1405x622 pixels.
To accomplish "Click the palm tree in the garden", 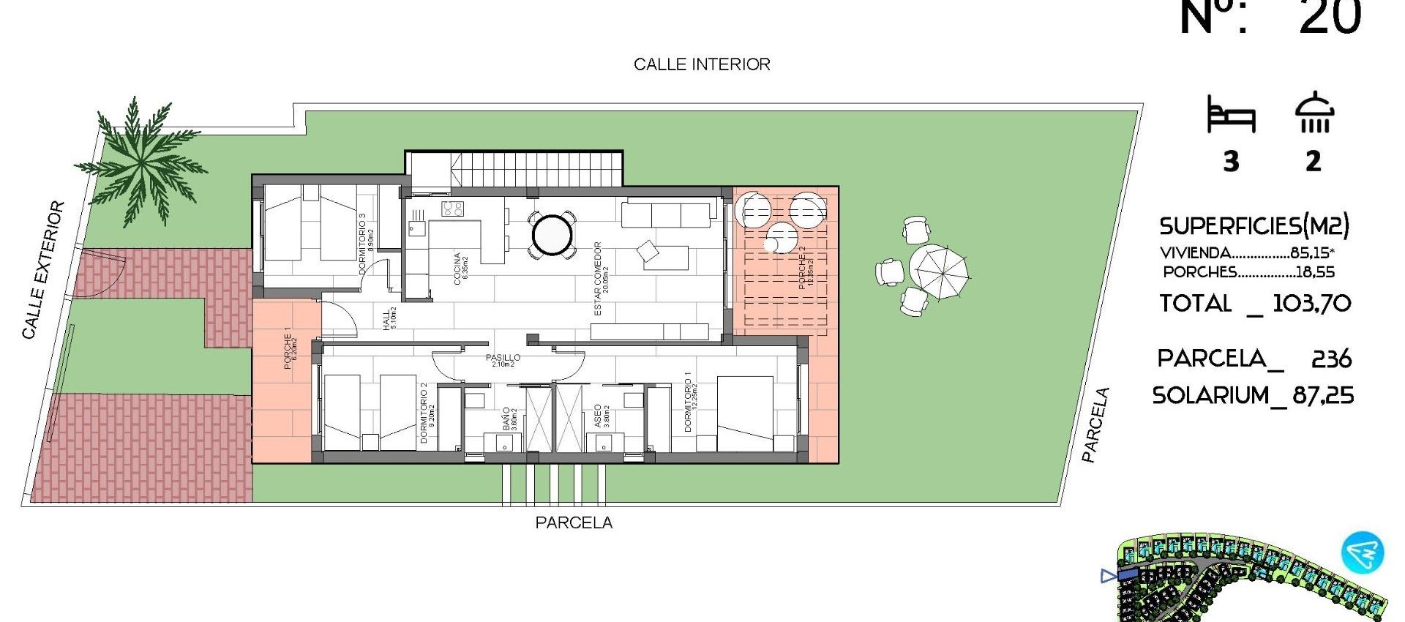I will coord(141,165).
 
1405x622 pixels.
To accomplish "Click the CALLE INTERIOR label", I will coord(702,64).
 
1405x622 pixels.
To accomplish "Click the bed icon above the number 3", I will coord(1231,116).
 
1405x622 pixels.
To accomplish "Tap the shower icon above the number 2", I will coord(1314,113).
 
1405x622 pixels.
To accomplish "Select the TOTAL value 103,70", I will coord(1311,303).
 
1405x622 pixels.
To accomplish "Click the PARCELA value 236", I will coord(1331,359).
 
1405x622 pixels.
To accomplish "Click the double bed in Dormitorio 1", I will coord(745,413).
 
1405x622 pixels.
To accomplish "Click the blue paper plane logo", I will coord(1362,552).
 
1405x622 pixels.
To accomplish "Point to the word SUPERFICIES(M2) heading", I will coord(1254,225).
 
